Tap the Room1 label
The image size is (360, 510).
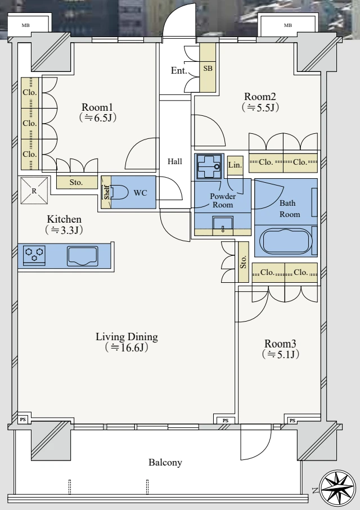97,107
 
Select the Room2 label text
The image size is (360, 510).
259,96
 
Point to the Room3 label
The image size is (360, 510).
280,344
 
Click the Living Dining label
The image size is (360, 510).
127,337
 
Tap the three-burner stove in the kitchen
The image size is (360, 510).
35,255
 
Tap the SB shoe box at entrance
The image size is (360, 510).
208,69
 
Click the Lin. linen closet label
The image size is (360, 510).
235,165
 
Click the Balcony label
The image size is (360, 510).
165,463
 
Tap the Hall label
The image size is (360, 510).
174,162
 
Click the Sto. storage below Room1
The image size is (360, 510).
76,182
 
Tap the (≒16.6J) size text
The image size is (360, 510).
126,348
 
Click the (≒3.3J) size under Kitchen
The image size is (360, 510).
64,229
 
